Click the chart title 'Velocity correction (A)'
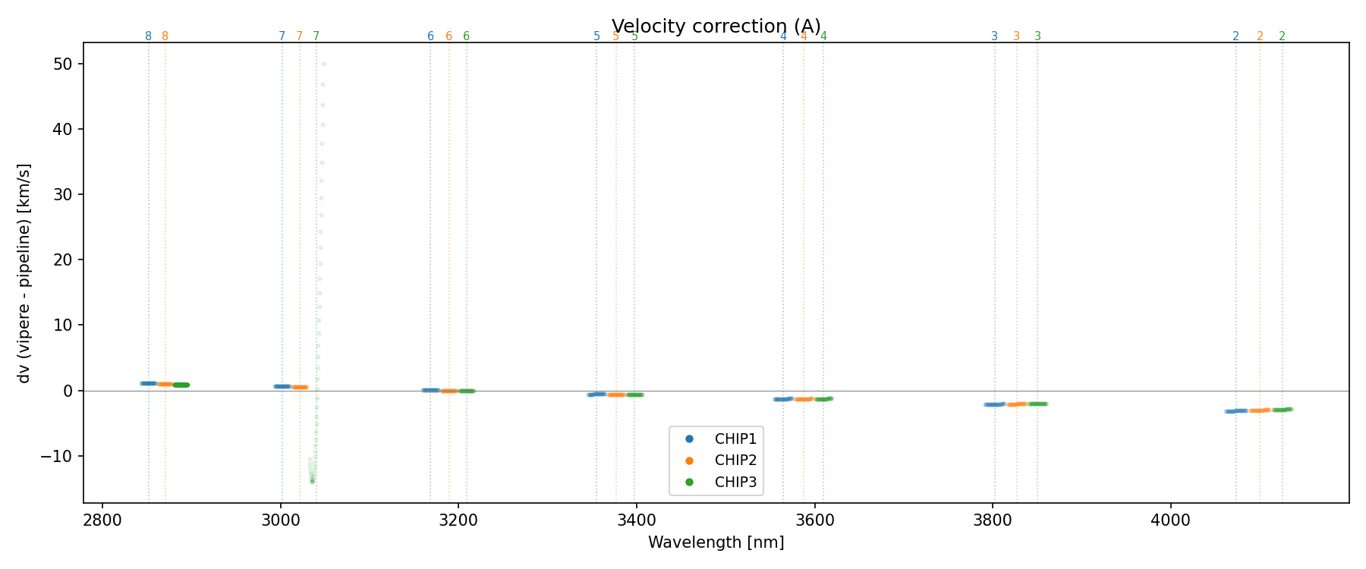click(x=716, y=27)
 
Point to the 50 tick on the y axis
click(x=63, y=64)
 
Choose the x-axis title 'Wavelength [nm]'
click(x=716, y=542)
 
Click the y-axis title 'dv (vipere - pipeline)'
click(x=24, y=273)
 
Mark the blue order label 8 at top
click(x=148, y=36)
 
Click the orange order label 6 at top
click(x=449, y=36)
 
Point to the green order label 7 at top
click(x=316, y=36)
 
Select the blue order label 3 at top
click(x=994, y=36)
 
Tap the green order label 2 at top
click(x=1282, y=36)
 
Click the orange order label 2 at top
click(x=1260, y=36)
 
